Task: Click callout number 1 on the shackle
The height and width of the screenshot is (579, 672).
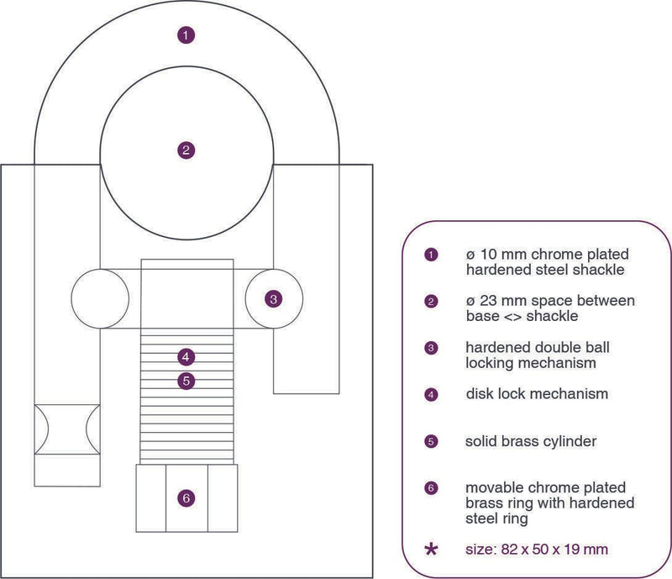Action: pos(186,34)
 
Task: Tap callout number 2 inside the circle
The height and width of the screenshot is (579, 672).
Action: pos(186,150)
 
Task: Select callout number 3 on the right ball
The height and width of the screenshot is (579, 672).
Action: pos(274,299)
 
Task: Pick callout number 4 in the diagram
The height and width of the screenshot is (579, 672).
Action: pos(186,357)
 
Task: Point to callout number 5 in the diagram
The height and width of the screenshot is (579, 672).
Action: pos(186,381)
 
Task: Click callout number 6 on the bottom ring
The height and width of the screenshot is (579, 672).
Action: pos(186,498)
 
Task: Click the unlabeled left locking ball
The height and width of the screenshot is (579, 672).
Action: pos(100,299)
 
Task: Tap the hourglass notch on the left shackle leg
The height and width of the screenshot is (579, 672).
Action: pos(67,429)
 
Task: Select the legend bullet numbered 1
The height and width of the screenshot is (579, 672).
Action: pos(431,255)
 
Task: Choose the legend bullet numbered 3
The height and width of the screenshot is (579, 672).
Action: pos(431,348)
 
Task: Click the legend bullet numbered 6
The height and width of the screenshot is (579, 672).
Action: pos(431,488)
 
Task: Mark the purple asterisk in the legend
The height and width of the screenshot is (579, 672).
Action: pos(431,550)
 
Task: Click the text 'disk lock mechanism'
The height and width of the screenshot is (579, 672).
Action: pos(537,394)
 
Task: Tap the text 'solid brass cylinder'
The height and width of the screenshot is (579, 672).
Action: pos(531,441)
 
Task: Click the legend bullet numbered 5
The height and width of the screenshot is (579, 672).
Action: pos(431,442)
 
